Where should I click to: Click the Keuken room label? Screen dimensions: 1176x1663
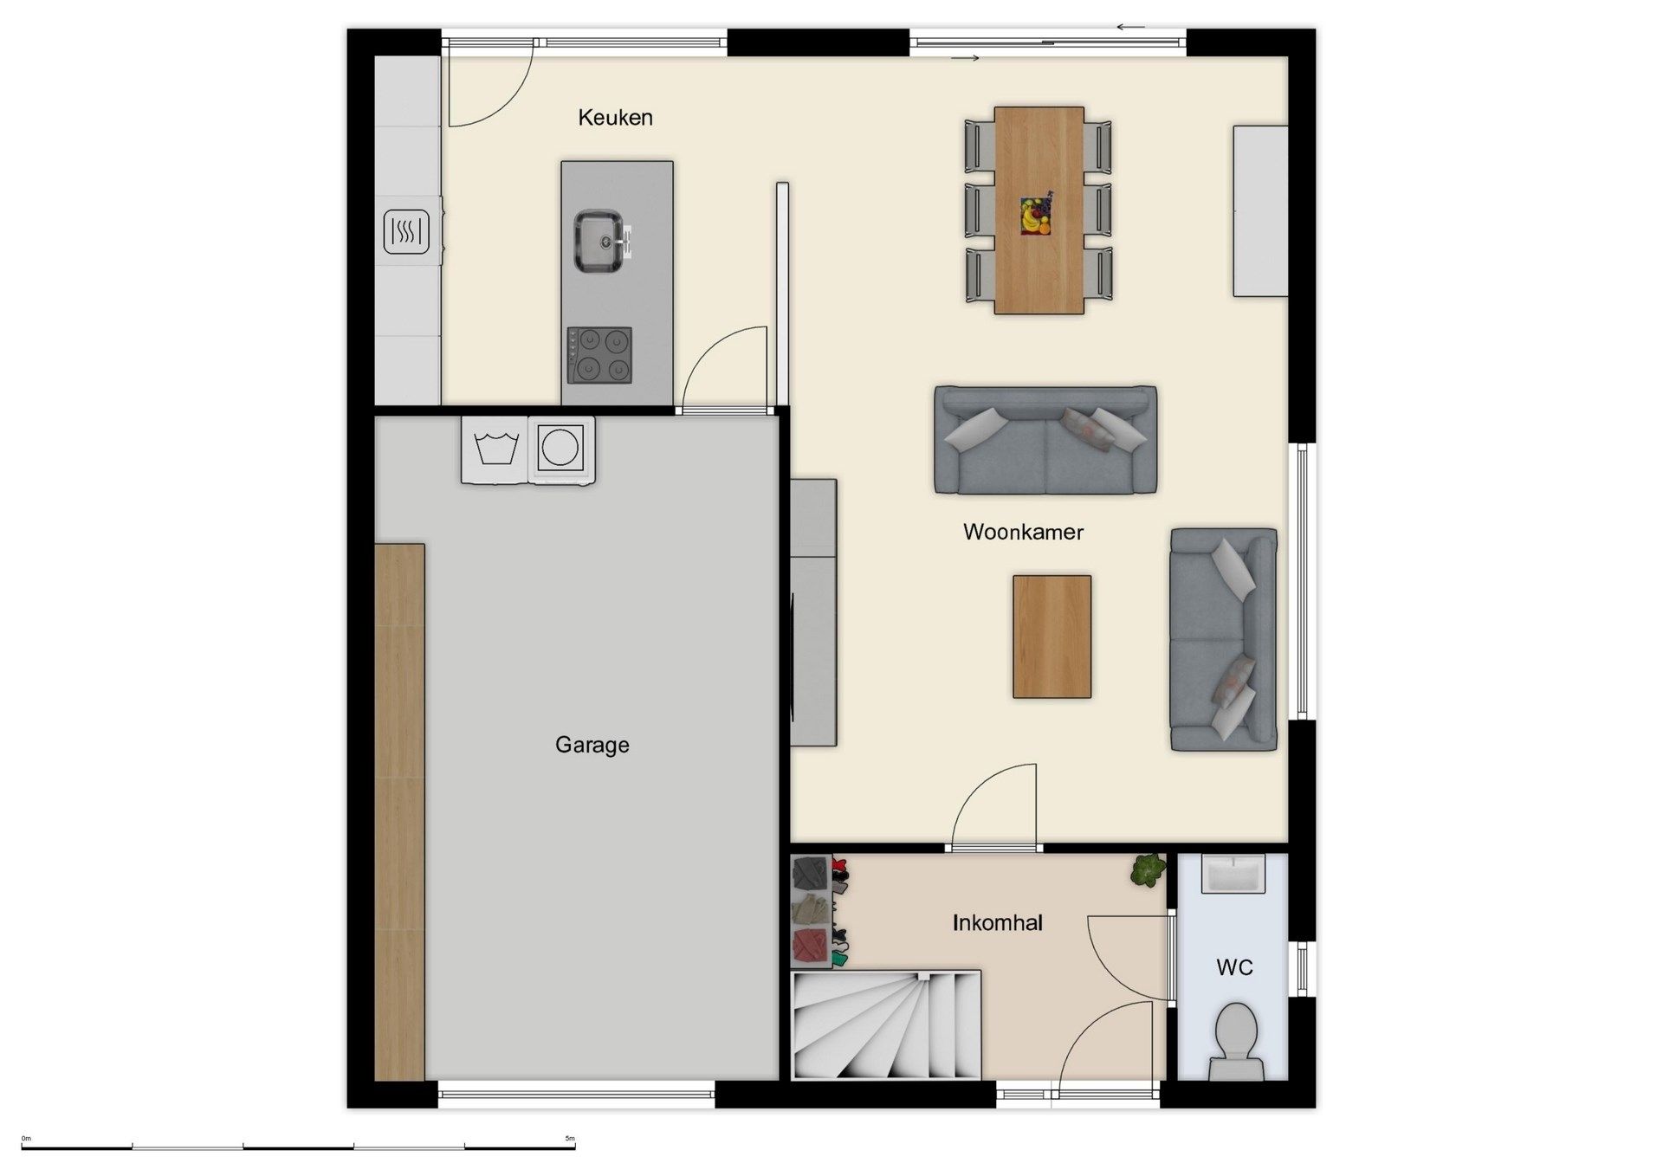pos(615,118)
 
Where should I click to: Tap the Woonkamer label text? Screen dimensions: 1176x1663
pos(1023,532)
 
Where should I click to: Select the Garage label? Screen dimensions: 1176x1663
pos(592,745)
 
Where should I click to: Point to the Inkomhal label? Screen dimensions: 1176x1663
pos(997,923)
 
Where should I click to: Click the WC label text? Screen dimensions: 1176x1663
pos(1234,967)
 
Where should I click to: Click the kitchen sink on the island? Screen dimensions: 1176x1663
pos(599,240)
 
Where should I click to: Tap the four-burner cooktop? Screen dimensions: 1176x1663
pos(599,355)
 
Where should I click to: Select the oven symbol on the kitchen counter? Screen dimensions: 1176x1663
pos(406,231)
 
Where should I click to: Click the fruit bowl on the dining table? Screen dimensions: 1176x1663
pos(1035,215)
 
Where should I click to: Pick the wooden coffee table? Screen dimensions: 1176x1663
pos(1052,636)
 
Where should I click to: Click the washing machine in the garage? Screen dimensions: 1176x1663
pos(496,449)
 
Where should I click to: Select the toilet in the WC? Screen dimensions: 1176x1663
pos(1236,1039)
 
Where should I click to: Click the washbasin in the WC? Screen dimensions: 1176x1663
pos(1233,874)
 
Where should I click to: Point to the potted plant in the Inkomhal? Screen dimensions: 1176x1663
pos(1148,870)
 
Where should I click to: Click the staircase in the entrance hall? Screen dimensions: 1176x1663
pos(885,1025)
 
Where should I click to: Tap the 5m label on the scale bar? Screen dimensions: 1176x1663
pos(569,1138)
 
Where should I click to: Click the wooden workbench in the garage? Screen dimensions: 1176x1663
pos(399,811)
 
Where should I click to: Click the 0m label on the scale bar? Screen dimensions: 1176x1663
pos(26,1138)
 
